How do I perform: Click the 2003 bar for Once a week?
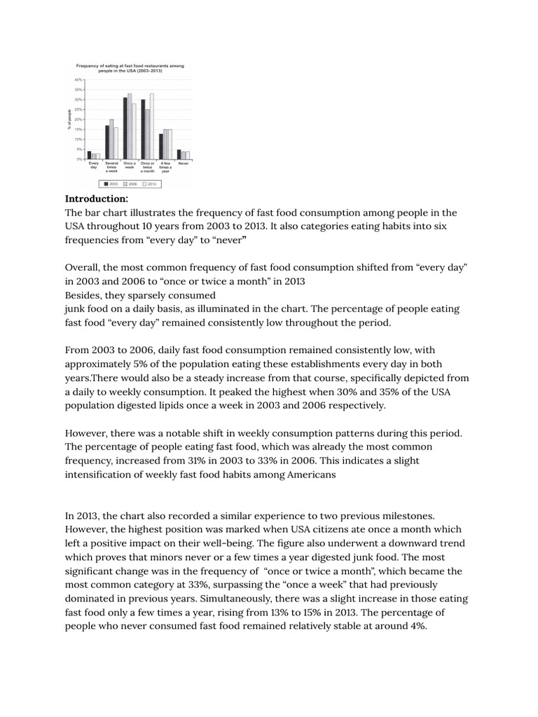click(125, 128)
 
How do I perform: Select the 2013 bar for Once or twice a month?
click(151, 126)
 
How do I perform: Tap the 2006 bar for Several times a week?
click(111, 139)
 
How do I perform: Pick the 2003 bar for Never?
click(179, 154)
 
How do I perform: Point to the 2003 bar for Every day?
click(89, 155)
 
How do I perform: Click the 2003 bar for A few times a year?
click(160, 146)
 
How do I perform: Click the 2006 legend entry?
click(130, 183)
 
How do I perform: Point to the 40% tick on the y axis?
click(79, 81)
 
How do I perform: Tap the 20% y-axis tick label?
click(79, 120)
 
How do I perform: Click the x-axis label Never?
click(183, 163)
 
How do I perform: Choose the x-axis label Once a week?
click(130, 165)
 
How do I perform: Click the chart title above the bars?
click(130, 68)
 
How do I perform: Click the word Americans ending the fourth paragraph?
click(307, 475)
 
